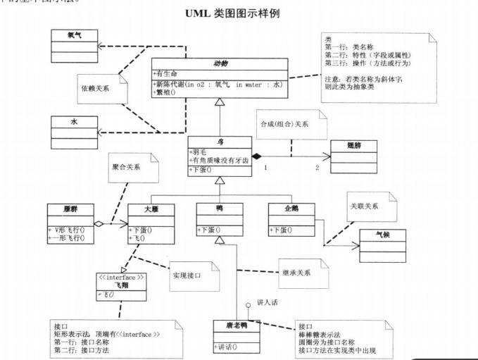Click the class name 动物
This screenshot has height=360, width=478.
pyautogui.click(x=220, y=63)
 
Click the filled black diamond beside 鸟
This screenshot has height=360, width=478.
pyautogui.click(x=258, y=155)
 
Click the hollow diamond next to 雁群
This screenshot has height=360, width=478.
pyautogui.click(x=100, y=224)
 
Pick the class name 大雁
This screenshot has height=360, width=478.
pyautogui.click(x=151, y=209)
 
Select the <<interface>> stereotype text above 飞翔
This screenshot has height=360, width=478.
pyautogui.click(x=122, y=278)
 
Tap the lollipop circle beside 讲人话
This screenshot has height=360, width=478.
pyautogui.click(x=247, y=305)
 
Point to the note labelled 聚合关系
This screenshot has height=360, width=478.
pyautogui.click(x=127, y=168)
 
